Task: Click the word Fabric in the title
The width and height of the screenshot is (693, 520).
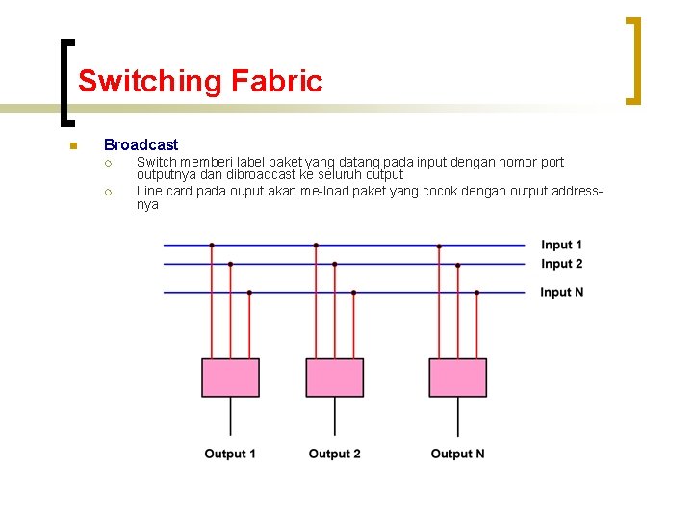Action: (276, 81)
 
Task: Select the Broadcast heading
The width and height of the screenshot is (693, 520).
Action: (141, 144)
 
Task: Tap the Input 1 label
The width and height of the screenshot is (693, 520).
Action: (561, 246)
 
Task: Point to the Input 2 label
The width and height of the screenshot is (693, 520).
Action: (561, 264)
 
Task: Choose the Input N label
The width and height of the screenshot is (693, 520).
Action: (561, 292)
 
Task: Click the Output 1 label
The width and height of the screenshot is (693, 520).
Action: (230, 454)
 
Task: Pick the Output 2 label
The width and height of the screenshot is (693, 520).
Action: (334, 454)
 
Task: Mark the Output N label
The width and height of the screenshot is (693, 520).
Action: (457, 454)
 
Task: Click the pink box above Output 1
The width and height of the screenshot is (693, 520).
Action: (230, 377)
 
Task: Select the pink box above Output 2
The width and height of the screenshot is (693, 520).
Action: (334, 377)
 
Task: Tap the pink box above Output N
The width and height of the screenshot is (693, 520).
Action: (457, 377)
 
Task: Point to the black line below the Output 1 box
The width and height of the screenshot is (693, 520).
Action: (230, 416)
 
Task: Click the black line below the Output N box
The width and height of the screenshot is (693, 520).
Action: (457, 416)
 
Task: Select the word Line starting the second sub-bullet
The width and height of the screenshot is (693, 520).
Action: (149, 191)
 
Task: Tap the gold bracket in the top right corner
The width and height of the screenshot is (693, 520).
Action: (633, 60)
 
